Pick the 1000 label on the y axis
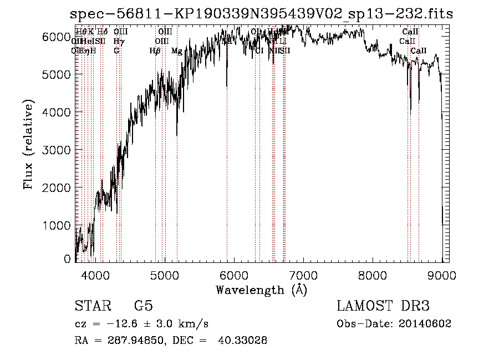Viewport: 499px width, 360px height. [x=57, y=225]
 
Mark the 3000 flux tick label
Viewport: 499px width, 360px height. [x=57, y=150]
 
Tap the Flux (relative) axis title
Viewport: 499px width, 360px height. [x=28, y=145]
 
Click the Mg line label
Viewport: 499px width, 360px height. [x=176, y=51]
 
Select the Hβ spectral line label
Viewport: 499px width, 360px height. [x=155, y=51]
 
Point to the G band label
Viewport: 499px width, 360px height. [x=116, y=51]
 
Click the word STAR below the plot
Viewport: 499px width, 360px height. [x=92, y=306]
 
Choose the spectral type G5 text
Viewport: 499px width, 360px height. [x=143, y=306]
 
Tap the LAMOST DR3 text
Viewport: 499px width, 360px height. [x=383, y=306]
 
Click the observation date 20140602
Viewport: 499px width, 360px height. [x=427, y=324]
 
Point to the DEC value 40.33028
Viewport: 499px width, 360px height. [x=245, y=341]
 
